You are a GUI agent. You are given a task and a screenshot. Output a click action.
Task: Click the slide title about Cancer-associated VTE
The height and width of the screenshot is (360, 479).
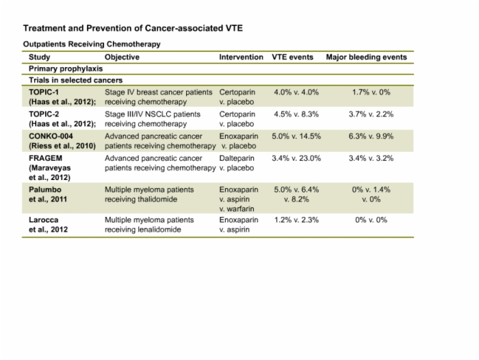pos(133,28)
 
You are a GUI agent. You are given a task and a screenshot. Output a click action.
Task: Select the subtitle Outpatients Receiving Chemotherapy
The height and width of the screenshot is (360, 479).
pos(92,44)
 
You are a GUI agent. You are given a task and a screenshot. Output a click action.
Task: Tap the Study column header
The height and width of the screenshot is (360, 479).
pos(40,57)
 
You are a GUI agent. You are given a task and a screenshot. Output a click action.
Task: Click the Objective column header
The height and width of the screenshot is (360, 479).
pos(122,57)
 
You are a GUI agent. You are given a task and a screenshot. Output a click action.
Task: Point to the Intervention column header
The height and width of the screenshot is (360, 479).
pos(241,57)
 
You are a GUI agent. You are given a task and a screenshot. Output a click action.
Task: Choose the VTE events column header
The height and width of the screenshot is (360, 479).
pos(292,57)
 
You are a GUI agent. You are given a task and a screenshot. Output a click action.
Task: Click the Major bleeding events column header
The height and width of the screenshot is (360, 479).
pos(366,57)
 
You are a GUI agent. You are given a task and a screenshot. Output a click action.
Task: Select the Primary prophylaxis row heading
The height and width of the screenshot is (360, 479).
pos(66,68)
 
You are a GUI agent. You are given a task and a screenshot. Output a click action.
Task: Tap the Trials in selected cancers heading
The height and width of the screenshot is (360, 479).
pos(75,80)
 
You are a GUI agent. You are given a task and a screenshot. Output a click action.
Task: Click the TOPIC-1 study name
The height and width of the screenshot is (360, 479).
pos(44,92)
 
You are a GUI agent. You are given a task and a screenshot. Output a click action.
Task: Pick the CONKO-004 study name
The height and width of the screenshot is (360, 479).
pos(51,136)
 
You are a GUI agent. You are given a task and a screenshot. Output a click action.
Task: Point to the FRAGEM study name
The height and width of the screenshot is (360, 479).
pos(46,158)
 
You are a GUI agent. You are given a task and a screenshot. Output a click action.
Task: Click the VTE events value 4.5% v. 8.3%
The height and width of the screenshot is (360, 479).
pos(296,114)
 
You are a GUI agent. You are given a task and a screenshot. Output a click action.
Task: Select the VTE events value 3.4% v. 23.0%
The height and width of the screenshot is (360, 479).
pos(296,158)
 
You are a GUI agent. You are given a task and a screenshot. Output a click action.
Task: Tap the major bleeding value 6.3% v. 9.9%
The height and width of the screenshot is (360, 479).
pos(371,136)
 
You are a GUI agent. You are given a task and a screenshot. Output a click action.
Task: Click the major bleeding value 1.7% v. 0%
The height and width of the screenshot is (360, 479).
pos(371,92)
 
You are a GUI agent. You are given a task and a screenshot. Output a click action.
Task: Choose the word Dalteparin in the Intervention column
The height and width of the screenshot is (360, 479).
pos(237,158)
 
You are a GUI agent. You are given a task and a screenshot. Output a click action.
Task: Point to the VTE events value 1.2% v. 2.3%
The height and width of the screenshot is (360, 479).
pos(296,220)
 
